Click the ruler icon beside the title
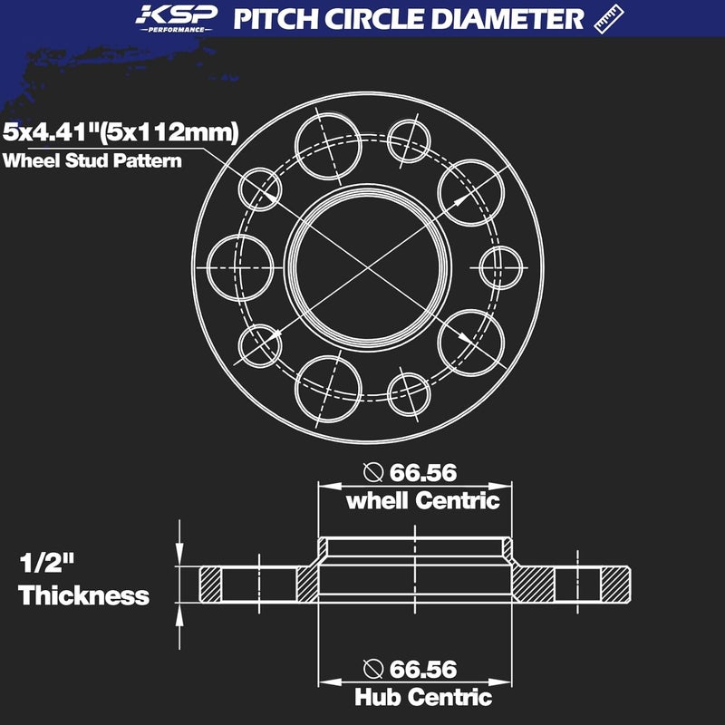pyautogui.click(x=610, y=19)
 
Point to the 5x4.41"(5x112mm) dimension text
pyautogui.click(x=121, y=133)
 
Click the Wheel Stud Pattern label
pyautogui.click(x=92, y=162)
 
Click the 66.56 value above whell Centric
pyautogui.click(x=422, y=472)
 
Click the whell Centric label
pyautogui.click(x=422, y=500)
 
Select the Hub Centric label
pyautogui.click(x=422, y=697)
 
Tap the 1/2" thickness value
pyautogui.click(x=47, y=564)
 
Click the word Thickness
pyautogui.click(x=83, y=595)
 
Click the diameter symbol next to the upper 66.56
pyautogui.click(x=372, y=472)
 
